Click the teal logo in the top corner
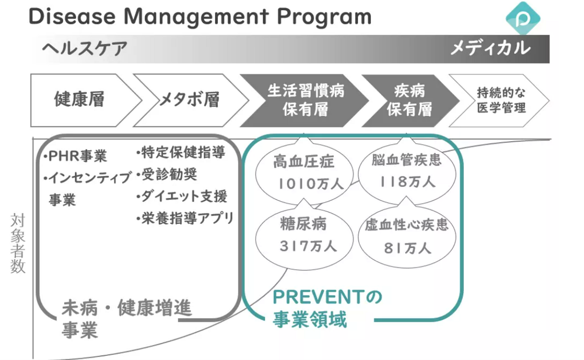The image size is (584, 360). pyautogui.click(x=523, y=18)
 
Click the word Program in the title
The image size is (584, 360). pyautogui.click(x=324, y=17)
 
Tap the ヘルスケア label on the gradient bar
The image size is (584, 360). pyautogui.click(x=85, y=49)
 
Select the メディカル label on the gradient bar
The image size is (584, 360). pyautogui.click(x=490, y=48)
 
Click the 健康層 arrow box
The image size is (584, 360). pyautogui.click(x=80, y=100)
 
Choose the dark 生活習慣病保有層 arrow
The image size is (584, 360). pyautogui.click(x=305, y=100)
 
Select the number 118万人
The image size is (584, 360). pyautogui.click(x=407, y=181)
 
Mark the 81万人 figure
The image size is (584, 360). pyautogui.click(x=407, y=248)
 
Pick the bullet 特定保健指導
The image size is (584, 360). pyautogui.click(x=181, y=153)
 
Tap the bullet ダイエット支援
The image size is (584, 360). pyautogui.click(x=182, y=197)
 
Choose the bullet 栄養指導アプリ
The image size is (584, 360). pyautogui.click(x=185, y=219)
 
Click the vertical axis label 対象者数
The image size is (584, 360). pyautogui.click(x=18, y=243)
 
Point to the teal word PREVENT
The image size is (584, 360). pyautogui.click(x=319, y=297)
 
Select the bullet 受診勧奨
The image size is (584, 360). pyautogui.click(x=167, y=175)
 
